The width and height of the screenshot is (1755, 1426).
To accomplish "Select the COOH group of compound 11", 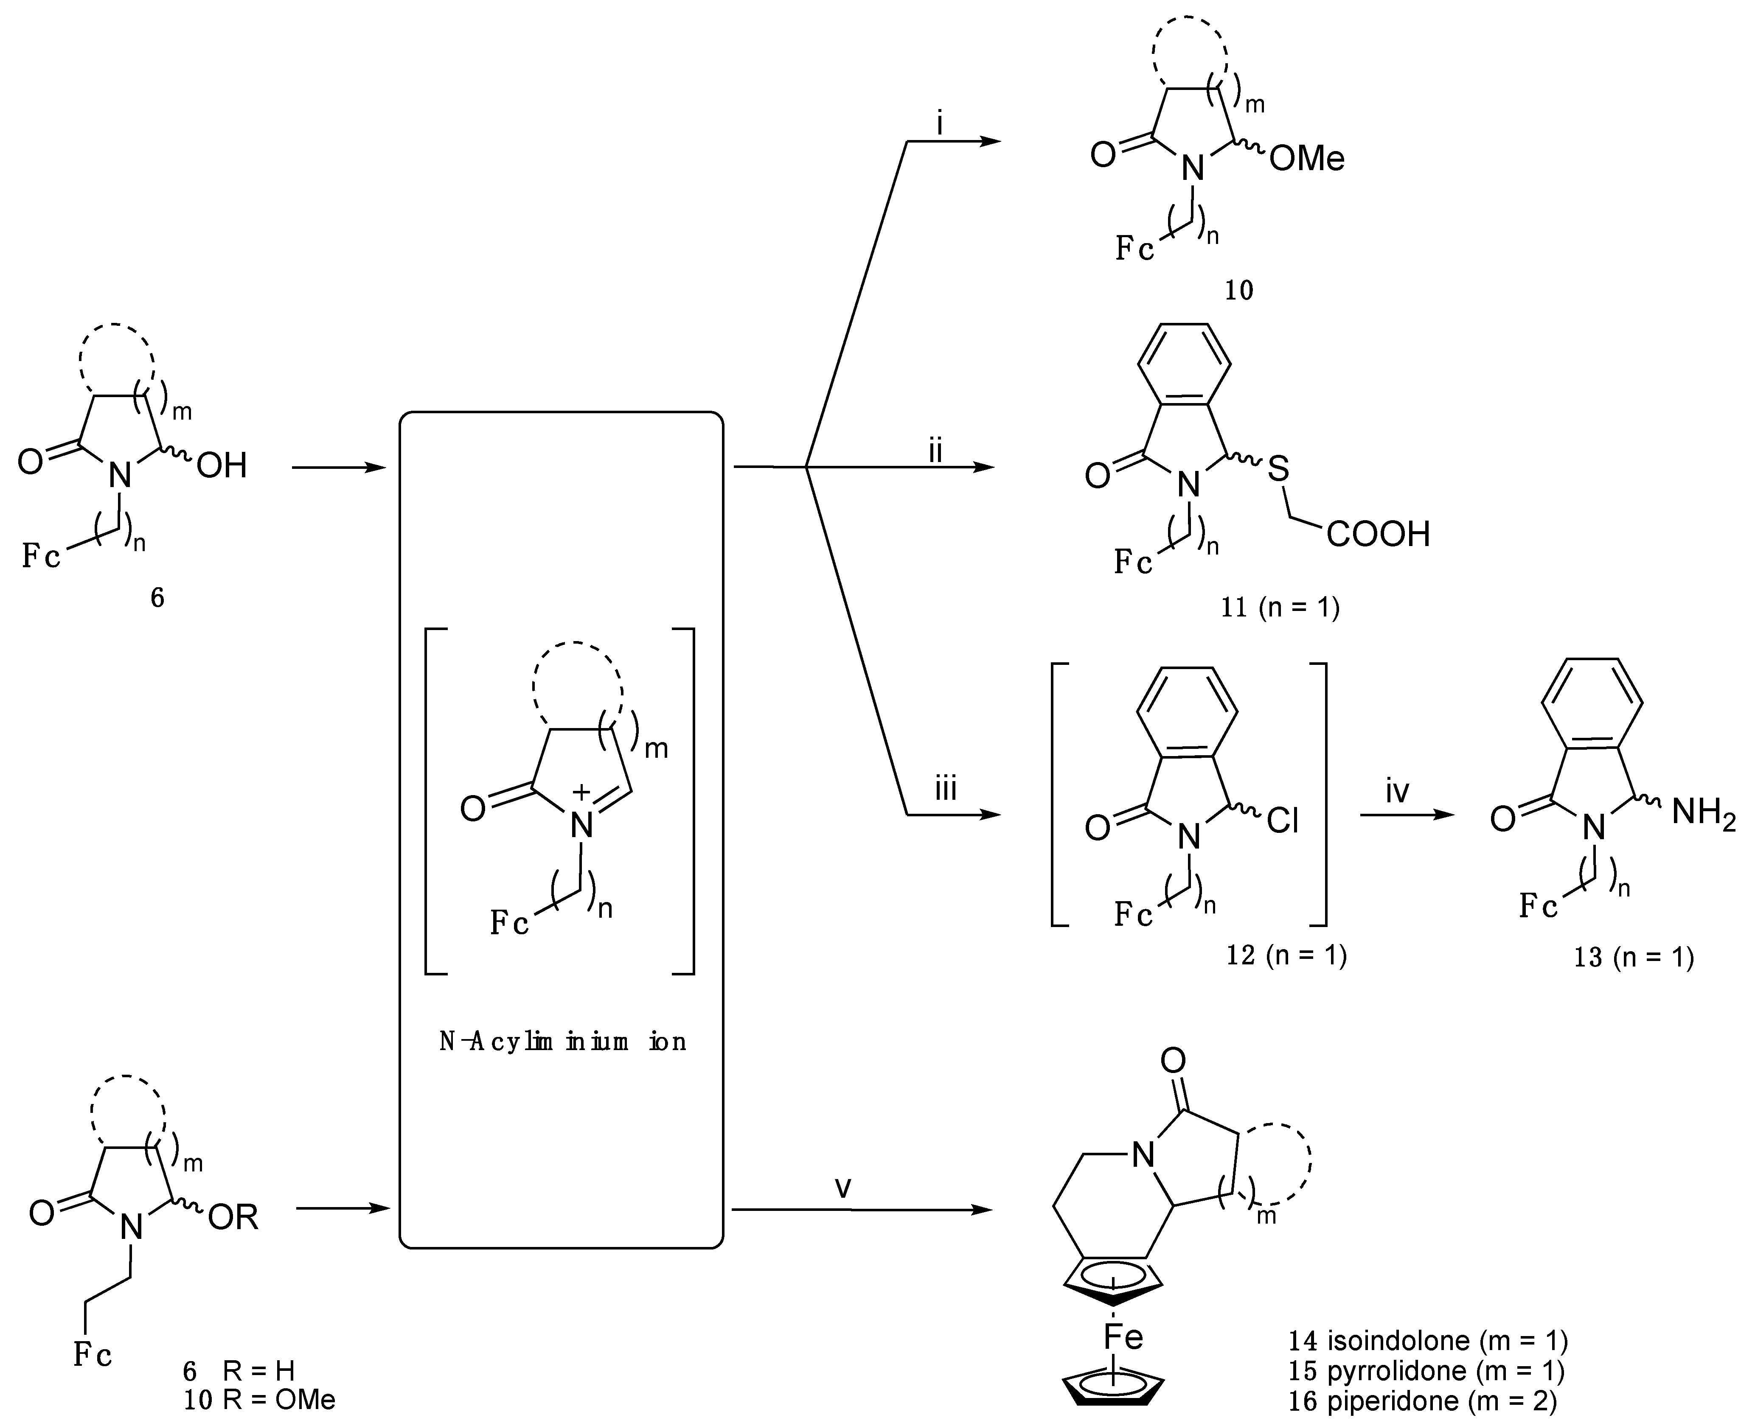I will coord(1378,535).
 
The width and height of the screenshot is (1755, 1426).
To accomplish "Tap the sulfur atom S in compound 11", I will coord(1278,470).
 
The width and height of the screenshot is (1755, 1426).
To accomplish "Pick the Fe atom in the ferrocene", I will coord(1122,1337).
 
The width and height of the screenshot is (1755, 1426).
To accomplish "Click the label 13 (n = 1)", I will coord(1633,958).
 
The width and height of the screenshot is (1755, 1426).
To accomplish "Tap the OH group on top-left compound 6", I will coord(222,467).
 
